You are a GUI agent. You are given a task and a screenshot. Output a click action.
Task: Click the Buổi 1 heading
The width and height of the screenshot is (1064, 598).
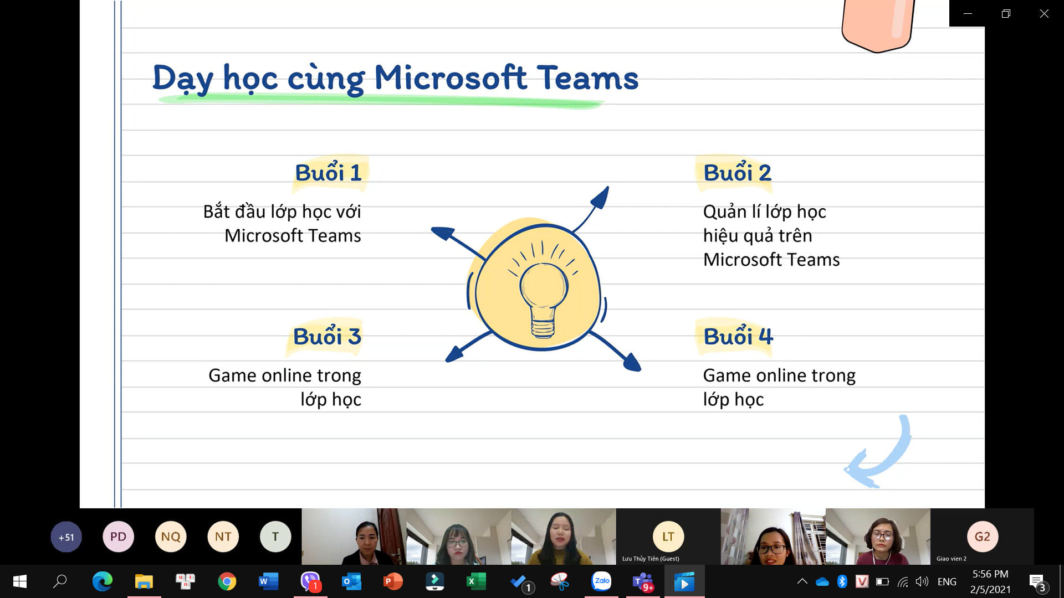(328, 173)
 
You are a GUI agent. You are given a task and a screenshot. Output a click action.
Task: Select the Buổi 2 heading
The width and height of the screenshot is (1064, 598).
(737, 173)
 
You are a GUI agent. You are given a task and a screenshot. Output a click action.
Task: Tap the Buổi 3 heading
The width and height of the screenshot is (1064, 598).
(327, 336)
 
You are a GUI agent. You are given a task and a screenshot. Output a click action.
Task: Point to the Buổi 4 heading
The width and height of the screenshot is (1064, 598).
(738, 336)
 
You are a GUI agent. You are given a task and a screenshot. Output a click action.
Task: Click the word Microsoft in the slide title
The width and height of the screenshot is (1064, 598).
(451, 78)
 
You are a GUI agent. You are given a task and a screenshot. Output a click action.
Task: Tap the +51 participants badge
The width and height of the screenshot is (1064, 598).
(66, 537)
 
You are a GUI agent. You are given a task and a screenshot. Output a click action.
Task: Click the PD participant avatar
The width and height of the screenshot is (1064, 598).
(118, 537)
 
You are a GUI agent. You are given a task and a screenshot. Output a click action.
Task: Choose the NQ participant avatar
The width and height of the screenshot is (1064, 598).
(171, 537)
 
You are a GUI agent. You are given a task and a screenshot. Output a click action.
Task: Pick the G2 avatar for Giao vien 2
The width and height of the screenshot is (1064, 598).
(983, 537)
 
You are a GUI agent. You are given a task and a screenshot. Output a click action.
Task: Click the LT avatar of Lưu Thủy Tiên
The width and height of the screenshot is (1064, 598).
(668, 537)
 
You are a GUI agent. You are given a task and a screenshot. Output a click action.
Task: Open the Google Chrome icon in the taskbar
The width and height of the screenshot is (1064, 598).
(227, 581)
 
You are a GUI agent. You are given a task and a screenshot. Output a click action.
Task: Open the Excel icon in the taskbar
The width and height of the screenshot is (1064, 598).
(476, 581)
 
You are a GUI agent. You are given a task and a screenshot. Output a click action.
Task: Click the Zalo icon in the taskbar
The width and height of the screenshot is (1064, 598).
(601, 581)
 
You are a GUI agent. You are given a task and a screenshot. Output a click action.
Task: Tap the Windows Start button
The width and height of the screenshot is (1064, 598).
(20, 581)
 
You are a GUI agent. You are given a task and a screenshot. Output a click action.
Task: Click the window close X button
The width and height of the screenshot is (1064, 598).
(1044, 13)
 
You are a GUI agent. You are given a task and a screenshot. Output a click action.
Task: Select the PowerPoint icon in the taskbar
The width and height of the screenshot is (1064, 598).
(393, 581)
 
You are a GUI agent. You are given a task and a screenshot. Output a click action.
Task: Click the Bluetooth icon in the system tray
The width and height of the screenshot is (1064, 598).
(842, 581)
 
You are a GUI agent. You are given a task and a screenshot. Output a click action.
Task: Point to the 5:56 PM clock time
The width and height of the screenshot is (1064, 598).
(990, 574)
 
